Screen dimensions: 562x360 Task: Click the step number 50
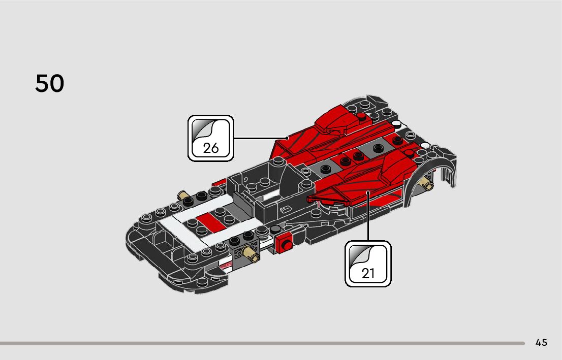pyautogui.click(x=50, y=84)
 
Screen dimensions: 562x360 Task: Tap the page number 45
pyautogui.click(x=541, y=343)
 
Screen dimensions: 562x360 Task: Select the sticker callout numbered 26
pyautogui.click(x=211, y=138)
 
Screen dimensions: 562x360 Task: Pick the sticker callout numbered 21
pyautogui.click(x=368, y=264)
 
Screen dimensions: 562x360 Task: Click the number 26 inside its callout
pyautogui.click(x=211, y=148)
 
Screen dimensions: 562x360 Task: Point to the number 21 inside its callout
pyautogui.click(x=368, y=274)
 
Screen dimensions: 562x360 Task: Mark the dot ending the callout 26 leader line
pyautogui.click(x=287, y=138)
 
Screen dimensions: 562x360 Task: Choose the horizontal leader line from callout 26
pyautogui.click(x=259, y=138)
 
